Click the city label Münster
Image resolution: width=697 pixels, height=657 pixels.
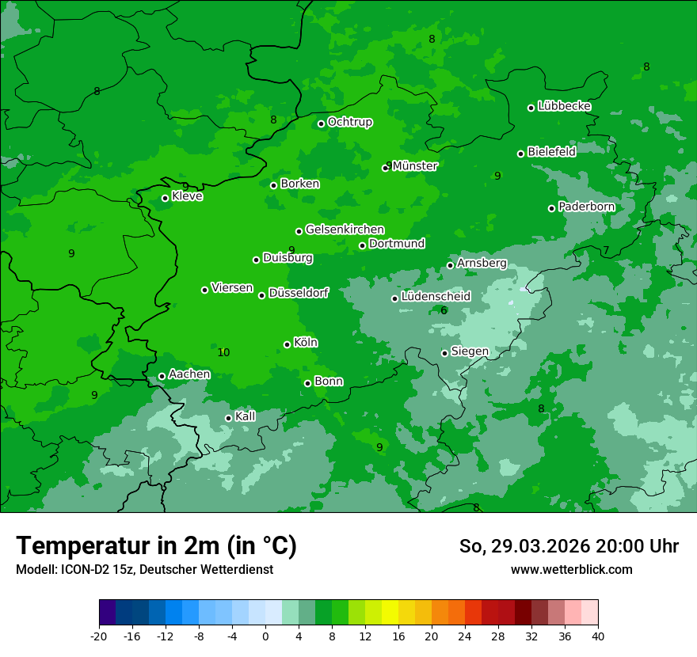click(415, 166)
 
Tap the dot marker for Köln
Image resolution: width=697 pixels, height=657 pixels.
click(287, 344)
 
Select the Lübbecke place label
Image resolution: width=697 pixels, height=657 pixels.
click(564, 106)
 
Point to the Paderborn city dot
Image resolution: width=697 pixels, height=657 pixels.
click(551, 208)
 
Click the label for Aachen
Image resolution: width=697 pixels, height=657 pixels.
click(189, 374)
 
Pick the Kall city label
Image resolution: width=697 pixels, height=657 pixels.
click(246, 416)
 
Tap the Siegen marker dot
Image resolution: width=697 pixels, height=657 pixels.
click(444, 353)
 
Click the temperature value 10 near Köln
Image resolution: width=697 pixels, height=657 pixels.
click(223, 352)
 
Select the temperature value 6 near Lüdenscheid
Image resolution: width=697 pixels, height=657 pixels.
click(444, 310)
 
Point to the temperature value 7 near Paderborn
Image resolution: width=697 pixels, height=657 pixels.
click(606, 250)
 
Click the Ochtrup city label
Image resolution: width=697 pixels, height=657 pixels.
click(349, 122)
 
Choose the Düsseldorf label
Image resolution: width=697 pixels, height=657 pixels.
click(299, 293)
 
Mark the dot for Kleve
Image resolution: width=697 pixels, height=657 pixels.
click(165, 198)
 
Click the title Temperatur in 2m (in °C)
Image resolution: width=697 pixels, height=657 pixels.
click(156, 545)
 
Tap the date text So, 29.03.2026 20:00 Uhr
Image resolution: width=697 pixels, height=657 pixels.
click(569, 546)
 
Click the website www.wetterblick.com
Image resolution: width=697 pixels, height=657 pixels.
click(571, 569)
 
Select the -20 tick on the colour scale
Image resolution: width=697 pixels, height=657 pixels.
click(99, 636)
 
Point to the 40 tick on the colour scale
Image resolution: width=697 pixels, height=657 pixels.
click(598, 636)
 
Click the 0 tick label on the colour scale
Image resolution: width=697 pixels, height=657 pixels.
click(265, 636)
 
